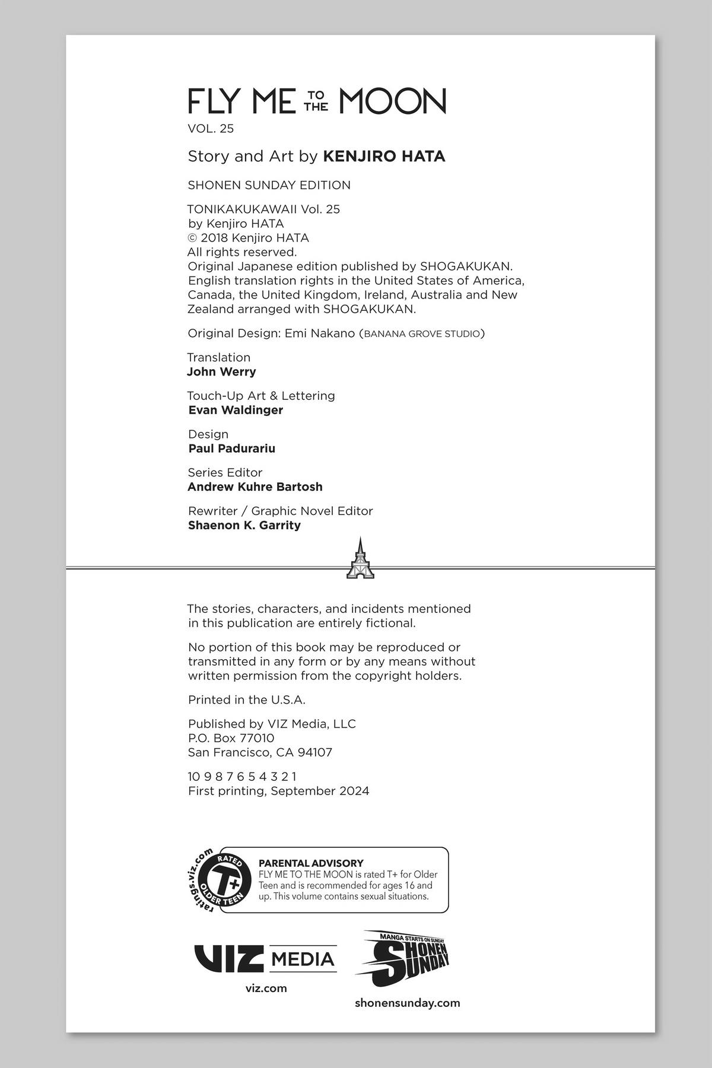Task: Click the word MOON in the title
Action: pos(392,101)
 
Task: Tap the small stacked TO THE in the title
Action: pos(317,101)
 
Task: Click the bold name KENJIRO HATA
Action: pos(384,157)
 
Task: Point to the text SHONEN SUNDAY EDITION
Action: pos(269,185)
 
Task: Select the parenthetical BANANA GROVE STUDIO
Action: pos(421,333)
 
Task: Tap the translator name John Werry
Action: pos(221,372)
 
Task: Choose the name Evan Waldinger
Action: pos(236,410)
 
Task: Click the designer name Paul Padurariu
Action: pos(231,449)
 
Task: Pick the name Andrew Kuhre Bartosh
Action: pos(255,487)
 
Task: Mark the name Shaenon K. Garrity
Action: pos(244,526)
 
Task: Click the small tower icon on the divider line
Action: pos(360,558)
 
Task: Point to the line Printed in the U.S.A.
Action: pos(246,700)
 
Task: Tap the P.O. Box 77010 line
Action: pos(231,739)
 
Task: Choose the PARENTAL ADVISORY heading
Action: pos(311,863)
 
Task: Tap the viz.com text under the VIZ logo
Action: pos(266,988)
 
